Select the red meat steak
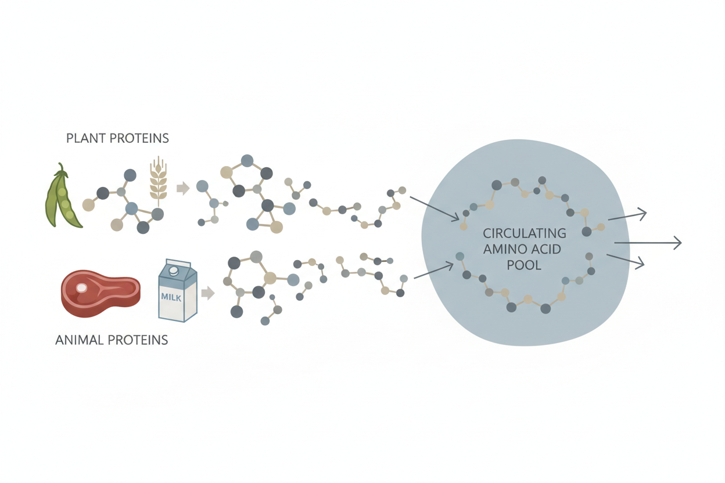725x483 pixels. point(100,293)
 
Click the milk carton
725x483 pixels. point(177,290)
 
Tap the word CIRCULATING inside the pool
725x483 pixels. point(525,234)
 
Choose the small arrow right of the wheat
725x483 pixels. point(183,188)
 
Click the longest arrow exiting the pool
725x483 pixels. point(647,243)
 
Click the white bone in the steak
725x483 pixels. point(82,287)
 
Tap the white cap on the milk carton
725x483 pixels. point(173,271)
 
